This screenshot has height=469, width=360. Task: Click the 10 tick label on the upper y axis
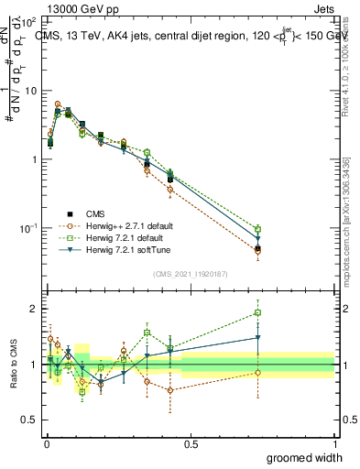29,91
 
